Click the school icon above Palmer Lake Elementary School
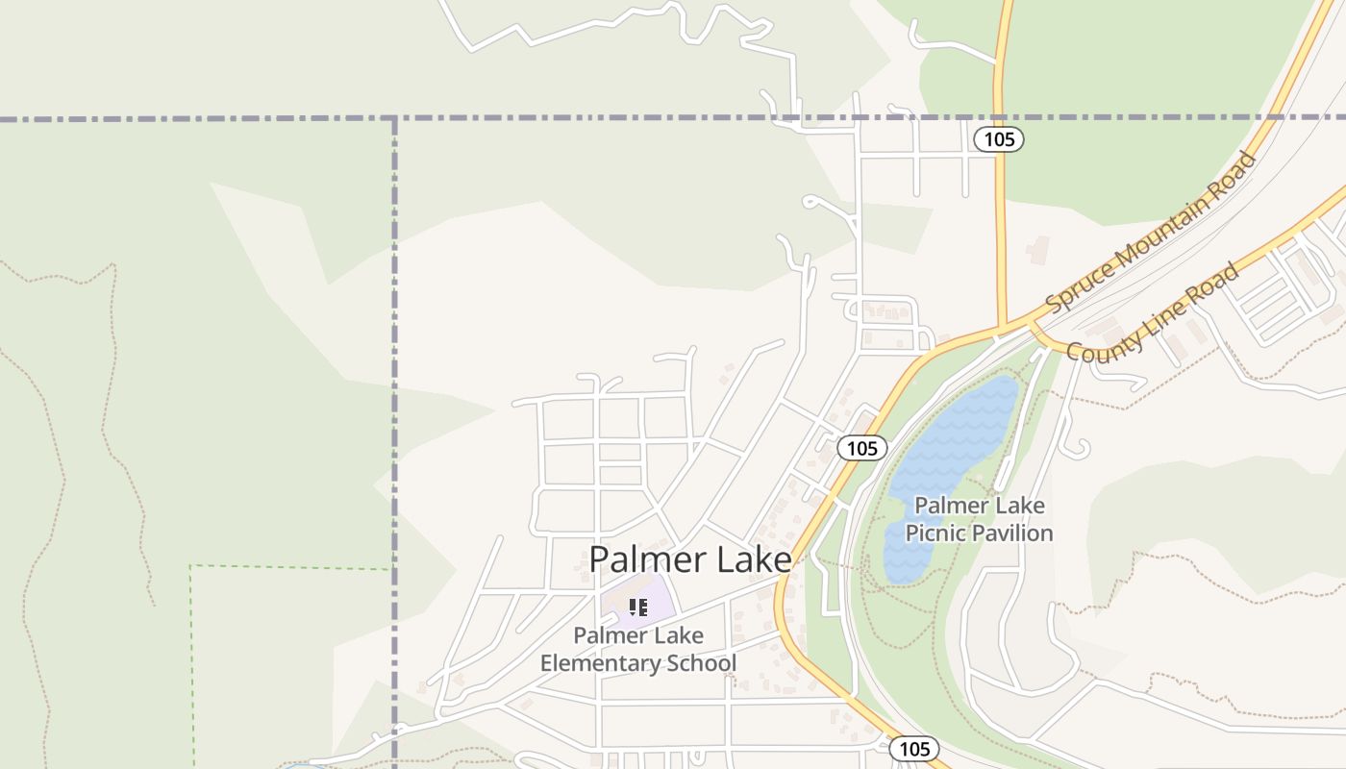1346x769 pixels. tap(637, 608)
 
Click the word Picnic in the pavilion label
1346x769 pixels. tap(939, 533)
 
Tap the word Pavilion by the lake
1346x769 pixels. tap(1016, 533)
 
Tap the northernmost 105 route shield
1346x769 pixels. tap(999, 139)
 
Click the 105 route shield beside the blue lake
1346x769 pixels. tap(861, 448)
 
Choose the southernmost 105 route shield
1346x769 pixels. tap(913, 748)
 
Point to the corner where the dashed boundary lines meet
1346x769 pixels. tap(394, 118)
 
